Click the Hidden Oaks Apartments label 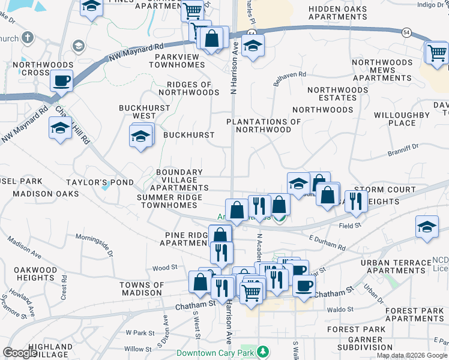337,13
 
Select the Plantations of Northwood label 264,125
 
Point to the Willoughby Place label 402,119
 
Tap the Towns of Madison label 141,289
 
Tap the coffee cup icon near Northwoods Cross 62,80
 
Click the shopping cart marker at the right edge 436,53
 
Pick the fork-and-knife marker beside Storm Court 357,201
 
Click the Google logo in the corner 20,353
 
